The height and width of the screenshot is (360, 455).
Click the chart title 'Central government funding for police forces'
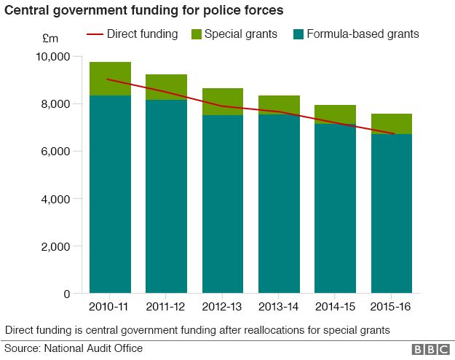[144, 11]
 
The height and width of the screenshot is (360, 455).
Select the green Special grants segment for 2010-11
[110, 79]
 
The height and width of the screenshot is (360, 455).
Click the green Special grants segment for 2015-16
[392, 124]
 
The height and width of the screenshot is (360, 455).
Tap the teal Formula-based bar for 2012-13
[223, 204]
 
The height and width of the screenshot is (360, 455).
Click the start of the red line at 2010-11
[107, 79]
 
